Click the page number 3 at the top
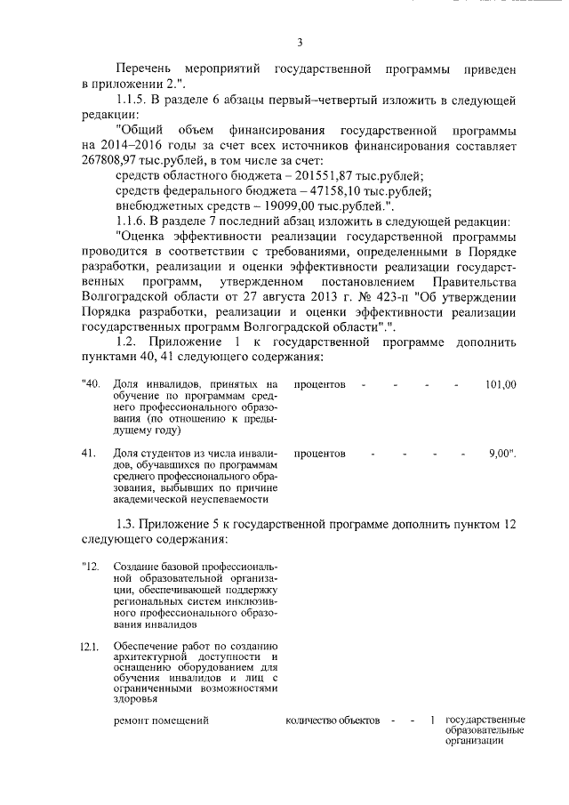pos(300,42)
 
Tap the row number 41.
pos(88,454)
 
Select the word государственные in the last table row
pos(485,719)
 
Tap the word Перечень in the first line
pos(143,68)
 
